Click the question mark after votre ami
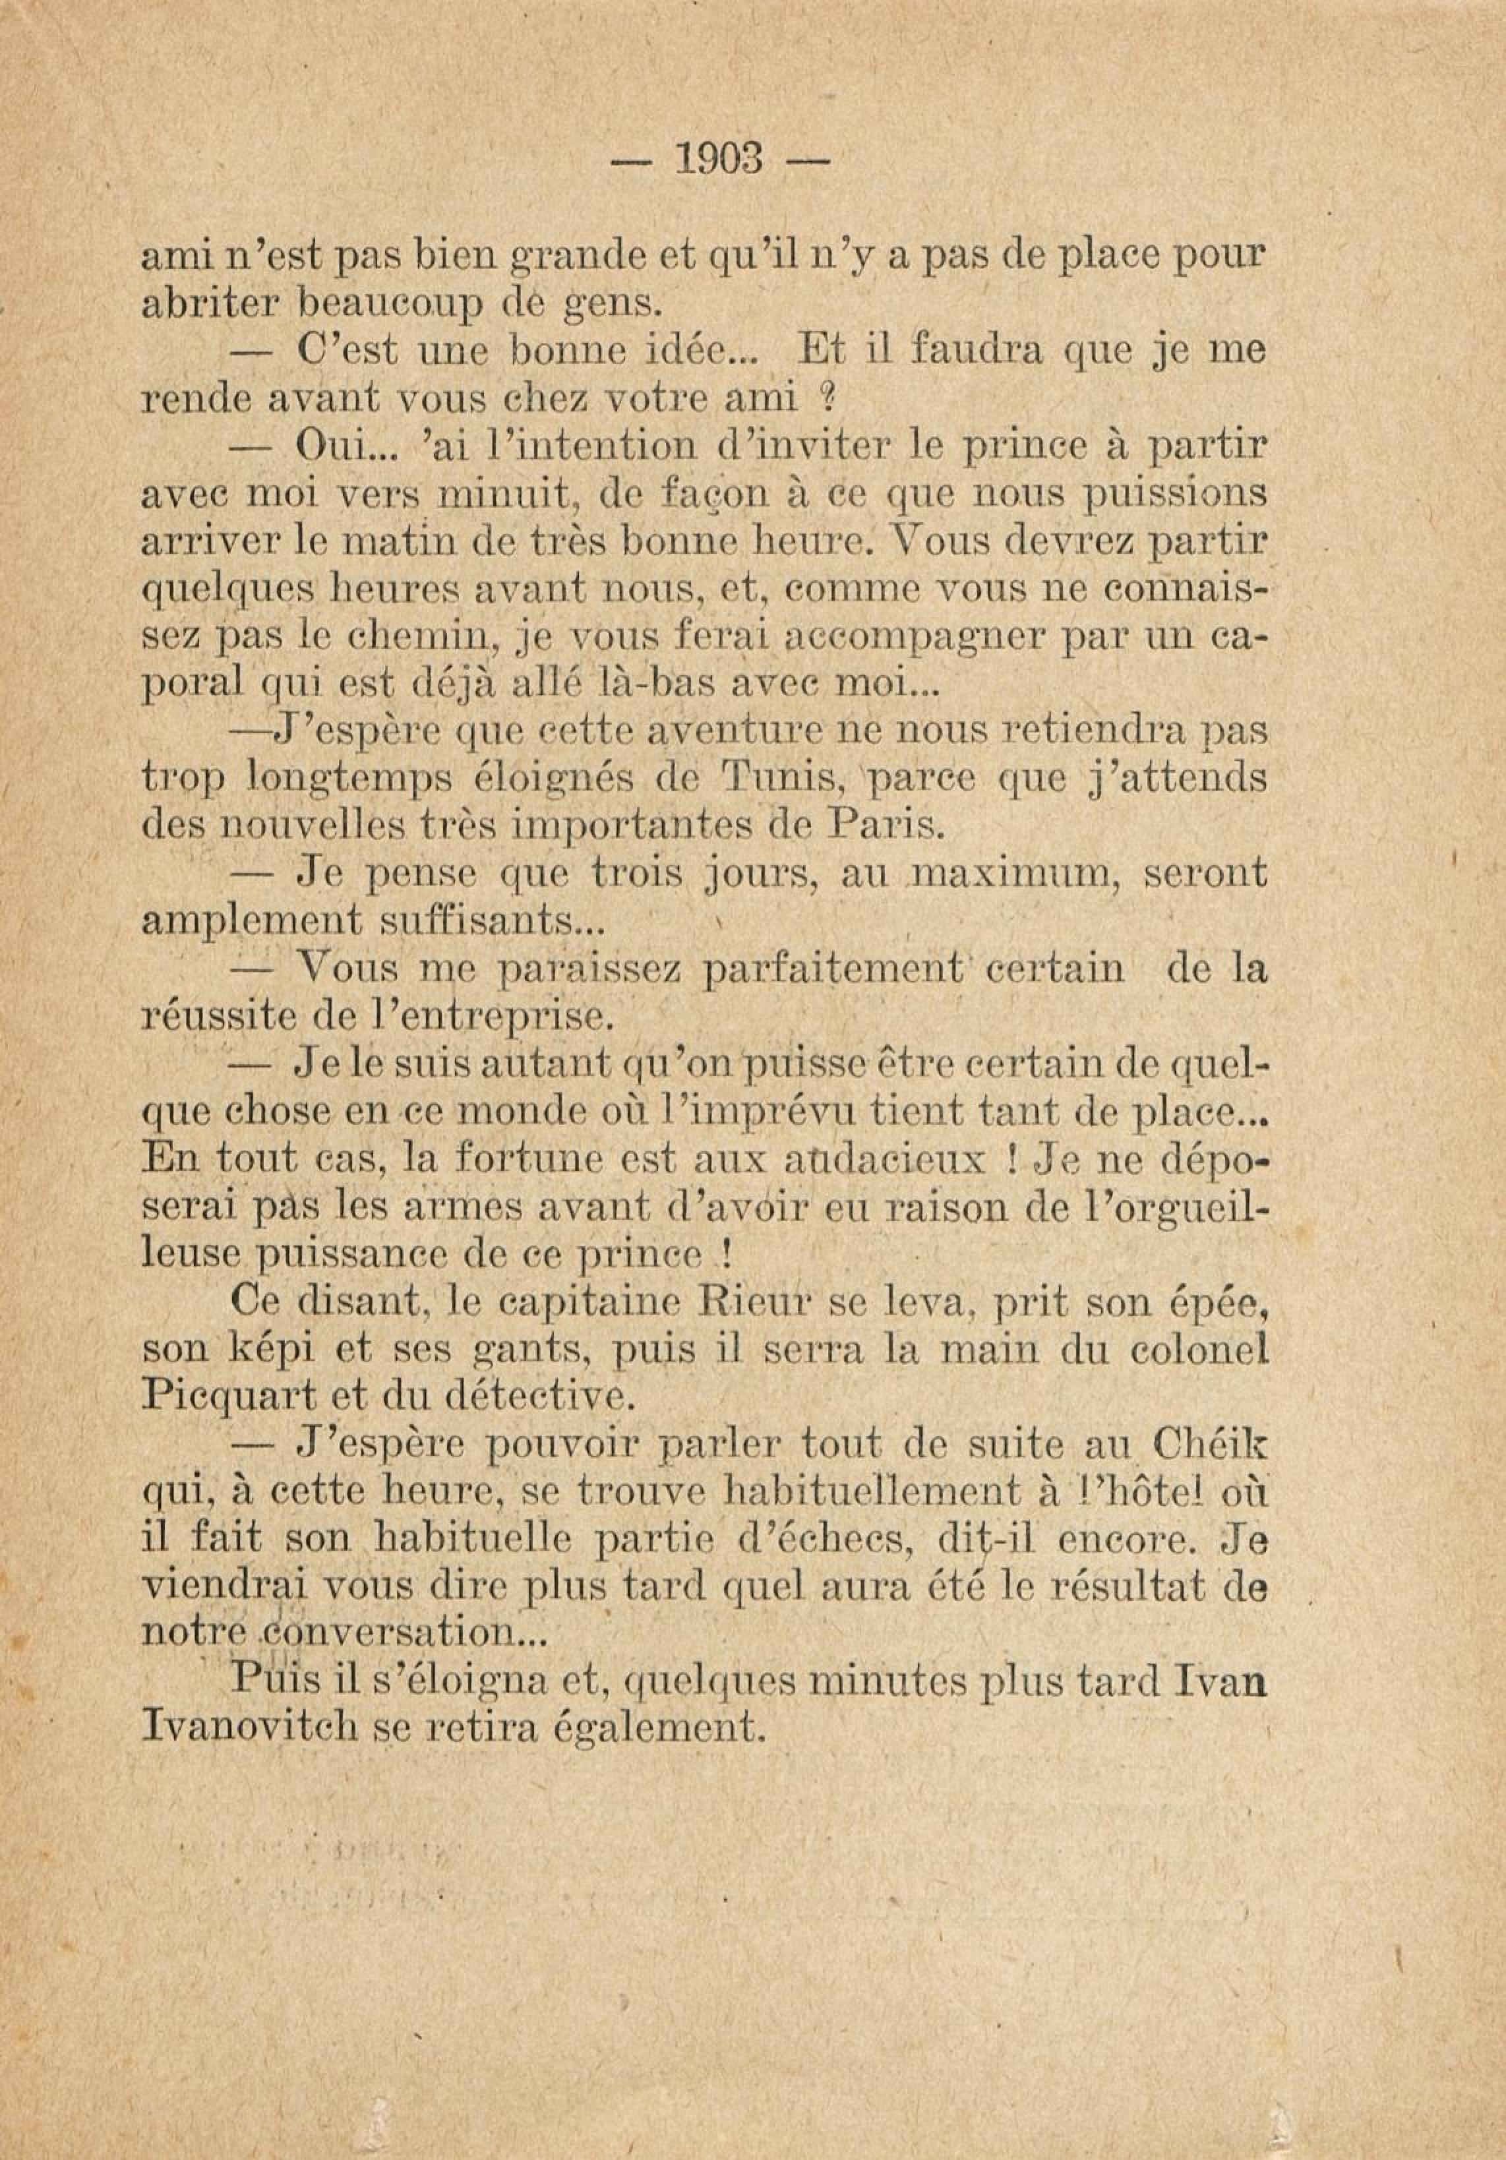pyautogui.click(x=826, y=399)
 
